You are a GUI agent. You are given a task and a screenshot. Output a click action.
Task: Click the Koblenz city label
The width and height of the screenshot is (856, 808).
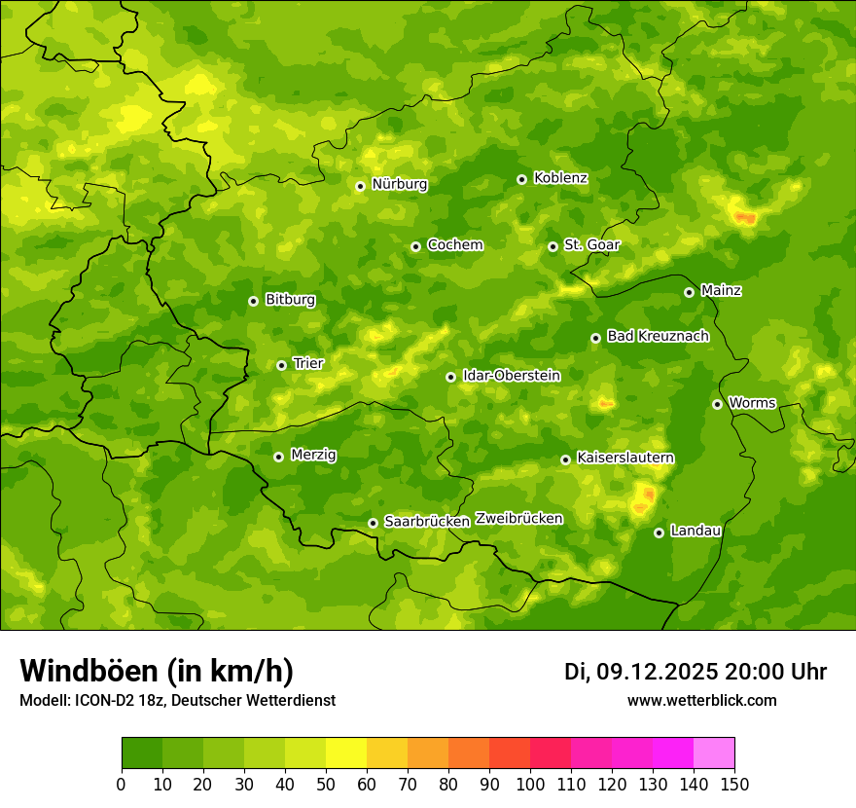560,178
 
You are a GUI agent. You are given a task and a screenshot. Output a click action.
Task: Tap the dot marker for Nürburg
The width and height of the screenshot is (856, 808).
360,186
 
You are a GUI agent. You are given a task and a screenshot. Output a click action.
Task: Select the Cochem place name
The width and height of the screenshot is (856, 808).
454,245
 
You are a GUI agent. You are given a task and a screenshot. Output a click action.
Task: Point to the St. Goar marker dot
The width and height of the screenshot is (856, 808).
553,246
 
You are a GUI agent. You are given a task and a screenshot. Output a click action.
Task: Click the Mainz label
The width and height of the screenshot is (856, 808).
721,290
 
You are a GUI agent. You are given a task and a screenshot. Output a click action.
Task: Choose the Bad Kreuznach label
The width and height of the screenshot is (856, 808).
658,336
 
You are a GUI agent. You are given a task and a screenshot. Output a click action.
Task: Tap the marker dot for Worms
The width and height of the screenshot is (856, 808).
717,404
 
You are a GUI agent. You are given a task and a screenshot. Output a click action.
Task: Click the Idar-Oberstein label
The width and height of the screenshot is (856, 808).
511,375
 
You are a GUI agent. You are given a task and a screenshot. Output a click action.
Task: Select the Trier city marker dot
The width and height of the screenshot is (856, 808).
281,365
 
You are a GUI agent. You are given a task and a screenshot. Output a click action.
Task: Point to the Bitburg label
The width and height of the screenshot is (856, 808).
290,300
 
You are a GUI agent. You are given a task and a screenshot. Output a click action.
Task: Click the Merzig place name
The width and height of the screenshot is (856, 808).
313,455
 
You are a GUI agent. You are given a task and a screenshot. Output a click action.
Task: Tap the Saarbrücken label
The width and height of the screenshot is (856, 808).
426,522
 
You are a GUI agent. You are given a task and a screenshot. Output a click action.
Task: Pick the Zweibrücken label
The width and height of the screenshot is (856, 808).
518,519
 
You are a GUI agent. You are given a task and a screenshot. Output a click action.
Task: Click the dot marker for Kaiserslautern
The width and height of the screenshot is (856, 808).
565,459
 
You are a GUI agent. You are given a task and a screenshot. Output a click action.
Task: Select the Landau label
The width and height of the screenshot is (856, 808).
695,531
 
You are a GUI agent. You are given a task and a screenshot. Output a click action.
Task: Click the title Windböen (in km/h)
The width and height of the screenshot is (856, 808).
156,671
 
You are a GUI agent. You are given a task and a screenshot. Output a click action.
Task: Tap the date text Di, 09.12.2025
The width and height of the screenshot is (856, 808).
641,672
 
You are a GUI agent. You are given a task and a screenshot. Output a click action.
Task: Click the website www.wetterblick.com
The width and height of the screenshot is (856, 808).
701,700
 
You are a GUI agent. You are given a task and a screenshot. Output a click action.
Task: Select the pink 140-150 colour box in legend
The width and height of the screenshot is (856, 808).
714,753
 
